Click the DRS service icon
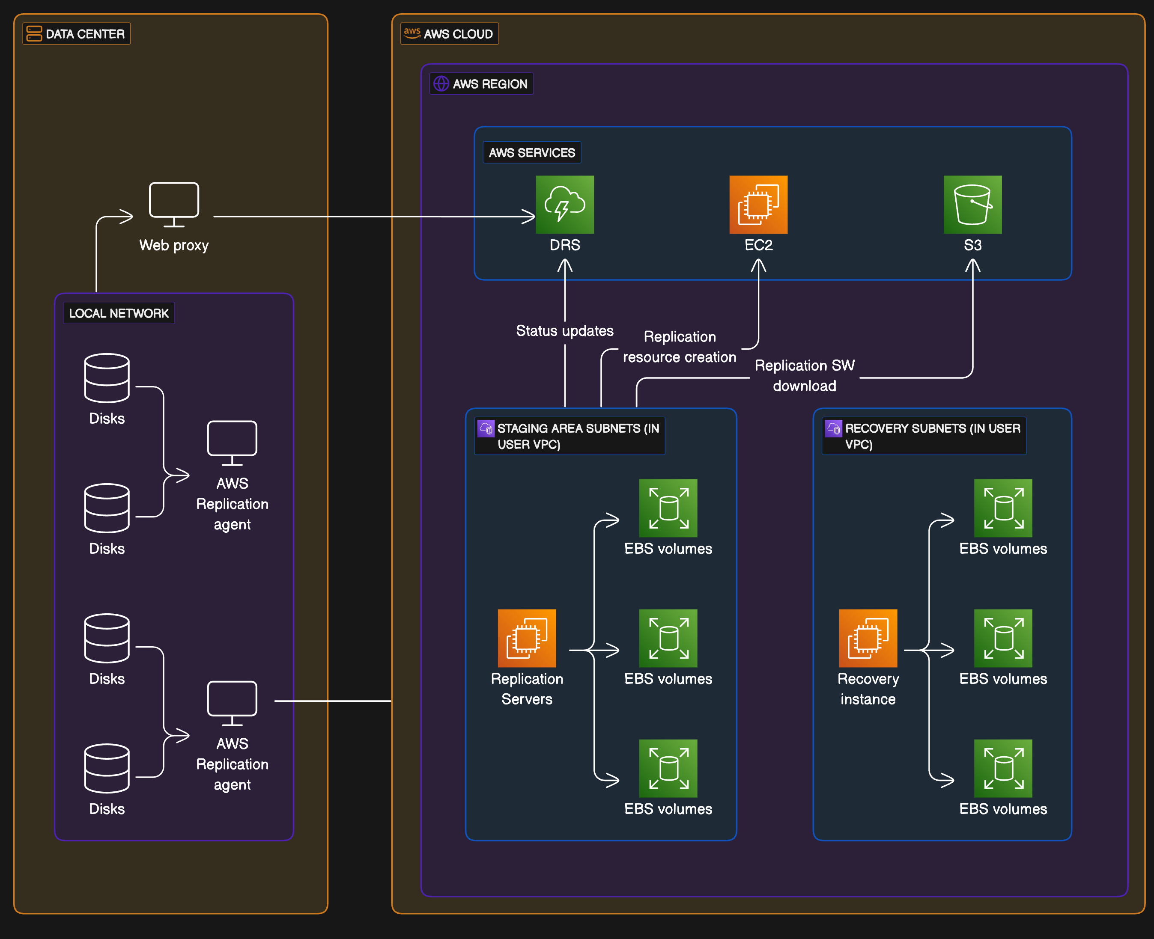click(x=564, y=205)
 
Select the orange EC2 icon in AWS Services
click(x=758, y=205)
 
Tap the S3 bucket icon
click(x=972, y=205)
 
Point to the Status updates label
click(x=564, y=330)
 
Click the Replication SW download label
click(x=804, y=375)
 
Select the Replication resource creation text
click(x=679, y=347)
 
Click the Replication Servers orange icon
click(x=526, y=638)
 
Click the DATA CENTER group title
click(x=84, y=34)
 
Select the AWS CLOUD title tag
click(x=458, y=34)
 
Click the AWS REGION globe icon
click(x=441, y=84)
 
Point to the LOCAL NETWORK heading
click(x=119, y=313)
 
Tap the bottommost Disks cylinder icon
click(x=107, y=768)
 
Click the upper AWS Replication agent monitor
click(x=232, y=443)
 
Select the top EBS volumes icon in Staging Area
click(x=668, y=508)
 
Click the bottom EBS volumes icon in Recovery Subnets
click(x=1002, y=768)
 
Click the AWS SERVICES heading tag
click(x=531, y=152)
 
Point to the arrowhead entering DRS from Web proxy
click(x=529, y=217)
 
